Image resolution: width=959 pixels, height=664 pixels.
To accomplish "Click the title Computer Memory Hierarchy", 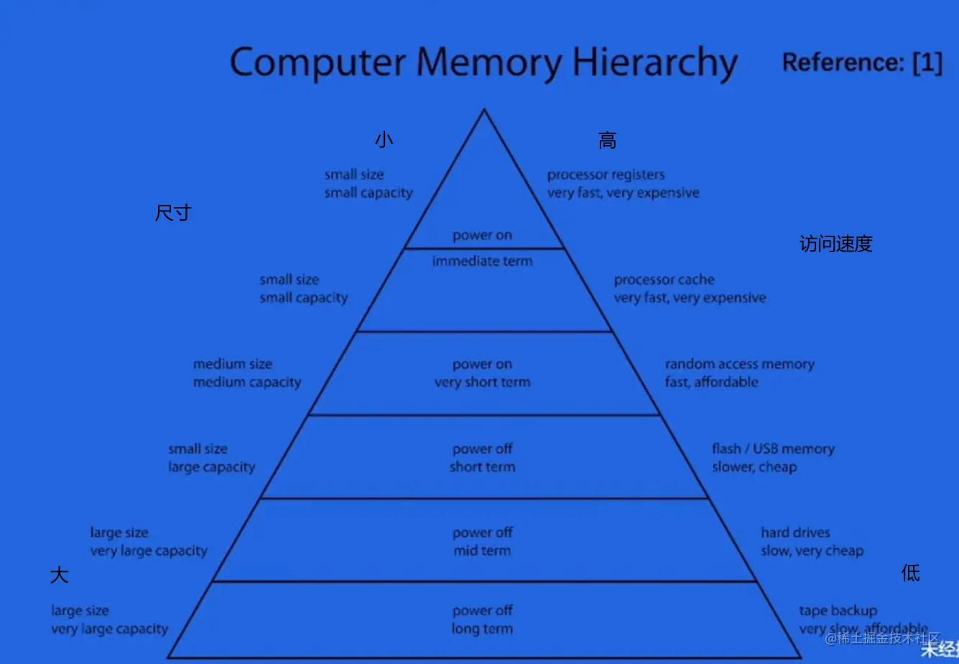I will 483,63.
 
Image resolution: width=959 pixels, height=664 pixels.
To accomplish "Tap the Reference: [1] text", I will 861,63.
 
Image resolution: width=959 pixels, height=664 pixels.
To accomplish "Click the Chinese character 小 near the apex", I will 384,140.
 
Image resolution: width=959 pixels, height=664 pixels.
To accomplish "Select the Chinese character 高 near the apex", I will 607,141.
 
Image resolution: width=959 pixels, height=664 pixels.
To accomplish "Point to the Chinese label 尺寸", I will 173,213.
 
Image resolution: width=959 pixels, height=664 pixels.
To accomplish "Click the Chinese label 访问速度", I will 835,244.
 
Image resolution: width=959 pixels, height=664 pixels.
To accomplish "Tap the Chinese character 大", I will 60,575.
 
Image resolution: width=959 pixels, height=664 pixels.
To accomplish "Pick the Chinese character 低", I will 910,573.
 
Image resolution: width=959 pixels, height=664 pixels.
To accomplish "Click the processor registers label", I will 606,175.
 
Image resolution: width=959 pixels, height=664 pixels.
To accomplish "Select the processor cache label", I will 664,280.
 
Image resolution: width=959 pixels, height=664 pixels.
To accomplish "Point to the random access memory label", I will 739,364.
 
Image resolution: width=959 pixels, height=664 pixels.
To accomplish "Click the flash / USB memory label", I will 773,449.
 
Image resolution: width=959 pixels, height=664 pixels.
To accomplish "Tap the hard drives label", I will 795,532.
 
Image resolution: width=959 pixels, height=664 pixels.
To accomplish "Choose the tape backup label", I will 838,611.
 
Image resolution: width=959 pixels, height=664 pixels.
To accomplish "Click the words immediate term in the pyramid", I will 482,262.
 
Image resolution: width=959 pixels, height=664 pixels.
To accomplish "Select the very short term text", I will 482,382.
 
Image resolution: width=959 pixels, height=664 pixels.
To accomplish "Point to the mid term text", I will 482,551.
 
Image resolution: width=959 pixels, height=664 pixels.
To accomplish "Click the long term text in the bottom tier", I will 482,630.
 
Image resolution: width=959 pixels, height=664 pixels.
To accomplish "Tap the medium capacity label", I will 246,382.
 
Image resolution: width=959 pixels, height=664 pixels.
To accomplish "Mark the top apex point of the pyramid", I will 484,110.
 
